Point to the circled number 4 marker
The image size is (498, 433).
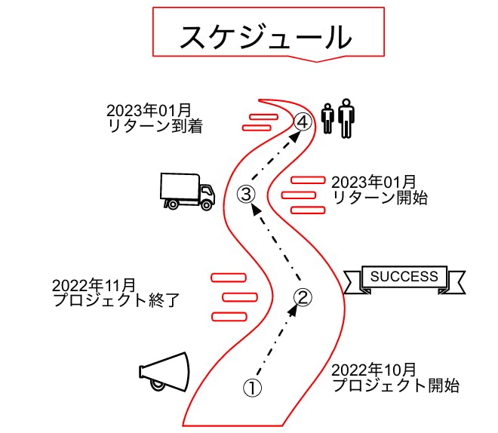[x=303, y=121]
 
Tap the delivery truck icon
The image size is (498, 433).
[x=186, y=191]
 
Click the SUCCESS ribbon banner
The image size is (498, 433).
[x=404, y=278]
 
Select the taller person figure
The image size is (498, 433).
[x=346, y=118]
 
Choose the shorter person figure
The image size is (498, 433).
[x=327, y=119]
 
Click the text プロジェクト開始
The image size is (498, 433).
[x=395, y=386]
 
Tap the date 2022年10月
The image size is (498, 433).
[x=373, y=370]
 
